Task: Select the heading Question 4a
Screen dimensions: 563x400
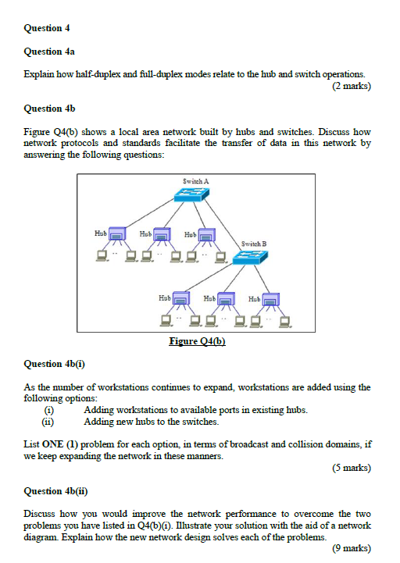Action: point(49,52)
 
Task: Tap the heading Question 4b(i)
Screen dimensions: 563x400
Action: point(53,364)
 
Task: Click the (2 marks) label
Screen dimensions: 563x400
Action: point(351,86)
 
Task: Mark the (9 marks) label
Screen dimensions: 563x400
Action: point(351,548)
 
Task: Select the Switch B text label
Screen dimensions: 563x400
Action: point(254,244)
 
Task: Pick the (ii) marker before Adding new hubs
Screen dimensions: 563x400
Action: point(49,422)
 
